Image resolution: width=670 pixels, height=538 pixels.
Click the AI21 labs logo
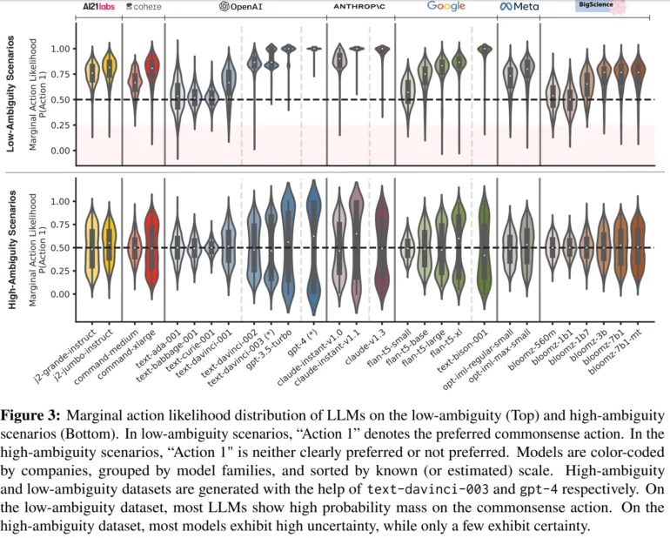98,6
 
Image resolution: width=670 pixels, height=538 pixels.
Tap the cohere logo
144,6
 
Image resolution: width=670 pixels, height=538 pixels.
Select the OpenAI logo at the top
241,6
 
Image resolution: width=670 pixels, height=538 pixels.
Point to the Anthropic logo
359,6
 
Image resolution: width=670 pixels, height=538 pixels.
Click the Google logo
446,6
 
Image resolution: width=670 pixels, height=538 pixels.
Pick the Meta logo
519,6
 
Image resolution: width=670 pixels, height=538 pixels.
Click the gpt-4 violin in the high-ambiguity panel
314,248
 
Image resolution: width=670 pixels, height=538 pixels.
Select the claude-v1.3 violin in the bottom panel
383,248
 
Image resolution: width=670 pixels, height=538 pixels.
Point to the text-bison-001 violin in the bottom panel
484,248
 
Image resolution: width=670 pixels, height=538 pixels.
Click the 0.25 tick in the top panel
60,125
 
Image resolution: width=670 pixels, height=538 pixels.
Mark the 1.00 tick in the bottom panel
60,201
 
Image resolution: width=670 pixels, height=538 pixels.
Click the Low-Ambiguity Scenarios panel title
10,94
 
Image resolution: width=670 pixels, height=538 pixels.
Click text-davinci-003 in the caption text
428,489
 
